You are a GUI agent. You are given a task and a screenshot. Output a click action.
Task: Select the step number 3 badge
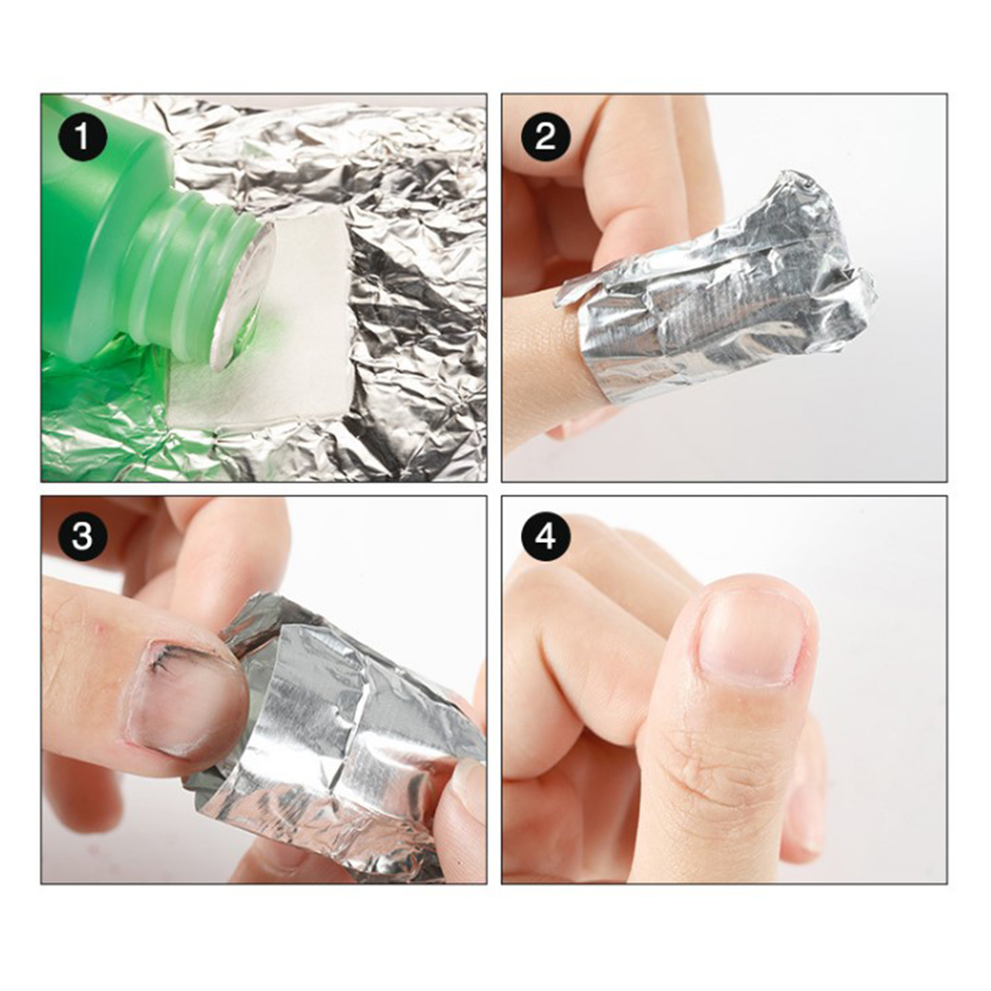click(x=82, y=537)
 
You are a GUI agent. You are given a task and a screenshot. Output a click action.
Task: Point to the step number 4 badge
click(x=545, y=537)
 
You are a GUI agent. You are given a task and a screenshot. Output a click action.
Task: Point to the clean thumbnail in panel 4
click(x=752, y=638)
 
